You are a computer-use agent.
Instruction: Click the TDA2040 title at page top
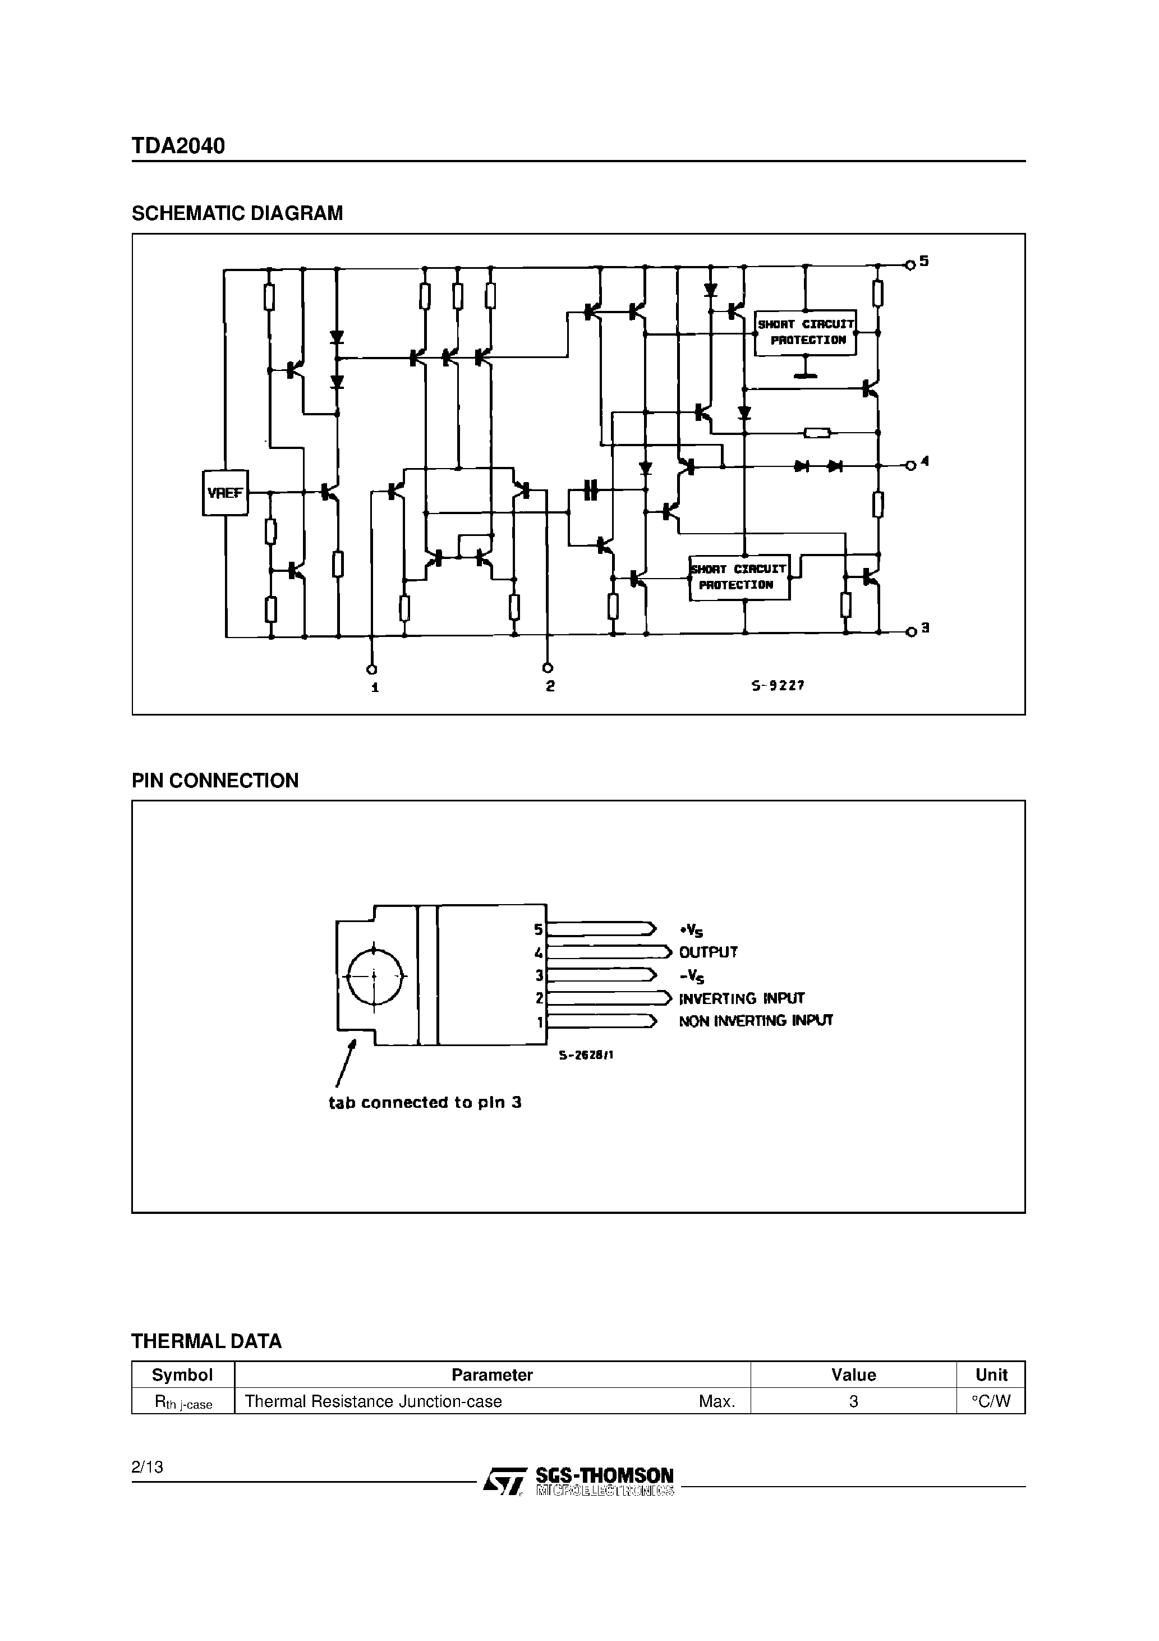178,146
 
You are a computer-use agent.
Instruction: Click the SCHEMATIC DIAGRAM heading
237,213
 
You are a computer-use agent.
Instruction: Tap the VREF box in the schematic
225,492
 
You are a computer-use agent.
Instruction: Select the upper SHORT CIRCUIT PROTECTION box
806,332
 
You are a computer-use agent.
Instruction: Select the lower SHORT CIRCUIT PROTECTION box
739,577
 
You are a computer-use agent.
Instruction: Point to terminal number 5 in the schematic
924,262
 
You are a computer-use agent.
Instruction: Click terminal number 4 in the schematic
925,462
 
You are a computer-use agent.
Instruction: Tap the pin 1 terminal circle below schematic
371,669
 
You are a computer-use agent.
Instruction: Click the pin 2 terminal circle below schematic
548,667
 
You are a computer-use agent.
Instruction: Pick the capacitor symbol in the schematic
590,491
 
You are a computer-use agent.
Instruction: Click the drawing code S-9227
778,685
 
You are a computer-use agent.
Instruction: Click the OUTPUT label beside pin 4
708,952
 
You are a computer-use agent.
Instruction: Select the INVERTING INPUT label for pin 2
742,998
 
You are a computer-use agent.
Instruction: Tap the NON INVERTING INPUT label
755,1021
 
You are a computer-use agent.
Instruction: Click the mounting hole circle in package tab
374,975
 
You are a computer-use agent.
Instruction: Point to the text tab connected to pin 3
425,1102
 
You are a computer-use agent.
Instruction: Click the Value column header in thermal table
853,1375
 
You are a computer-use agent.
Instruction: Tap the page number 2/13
147,1466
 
